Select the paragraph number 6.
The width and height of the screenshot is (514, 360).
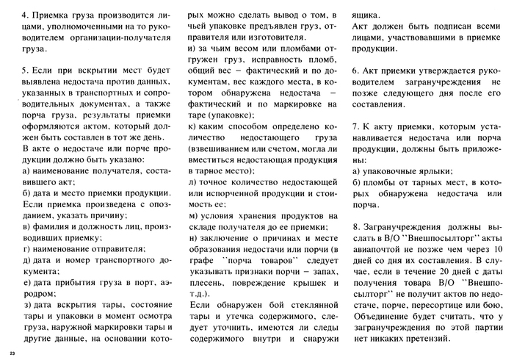tap(354, 70)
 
